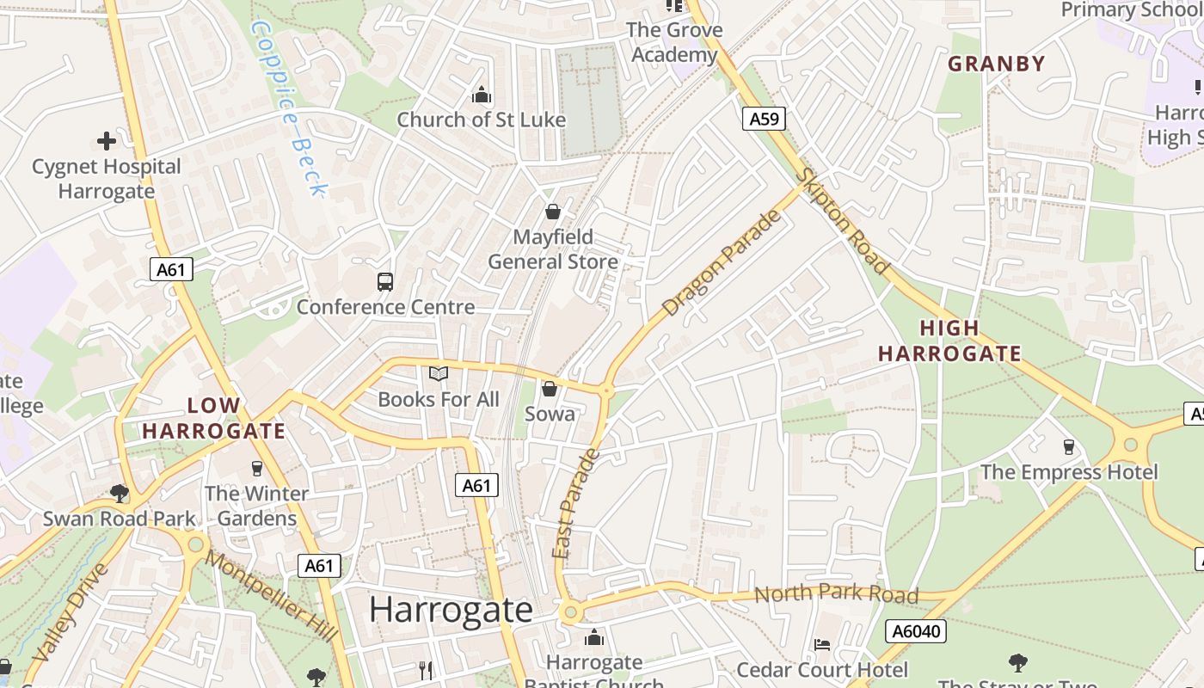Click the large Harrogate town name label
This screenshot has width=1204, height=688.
(x=451, y=610)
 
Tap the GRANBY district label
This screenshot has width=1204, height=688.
(x=996, y=64)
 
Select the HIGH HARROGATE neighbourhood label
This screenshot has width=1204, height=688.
(x=949, y=341)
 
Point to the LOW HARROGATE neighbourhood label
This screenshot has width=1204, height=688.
(x=213, y=418)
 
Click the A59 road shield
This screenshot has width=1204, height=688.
(x=764, y=119)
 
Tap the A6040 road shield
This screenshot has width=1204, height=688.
(x=918, y=631)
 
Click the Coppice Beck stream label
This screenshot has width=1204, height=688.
(x=288, y=107)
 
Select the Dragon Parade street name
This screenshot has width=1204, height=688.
(x=722, y=262)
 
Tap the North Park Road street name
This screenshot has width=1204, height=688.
(x=836, y=593)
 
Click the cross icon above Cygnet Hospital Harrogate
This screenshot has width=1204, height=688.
(x=107, y=141)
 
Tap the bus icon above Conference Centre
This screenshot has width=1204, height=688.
(x=385, y=282)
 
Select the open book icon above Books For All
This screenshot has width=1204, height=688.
(x=439, y=374)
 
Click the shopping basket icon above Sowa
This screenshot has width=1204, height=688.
(x=550, y=389)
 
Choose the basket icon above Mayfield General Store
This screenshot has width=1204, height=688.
(x=553, y=212)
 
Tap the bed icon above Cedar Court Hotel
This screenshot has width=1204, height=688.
(x=822, y=645)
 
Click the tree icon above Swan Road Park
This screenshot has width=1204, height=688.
(x=120, y=494)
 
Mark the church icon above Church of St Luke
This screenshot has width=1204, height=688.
(x=482, y=95)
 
